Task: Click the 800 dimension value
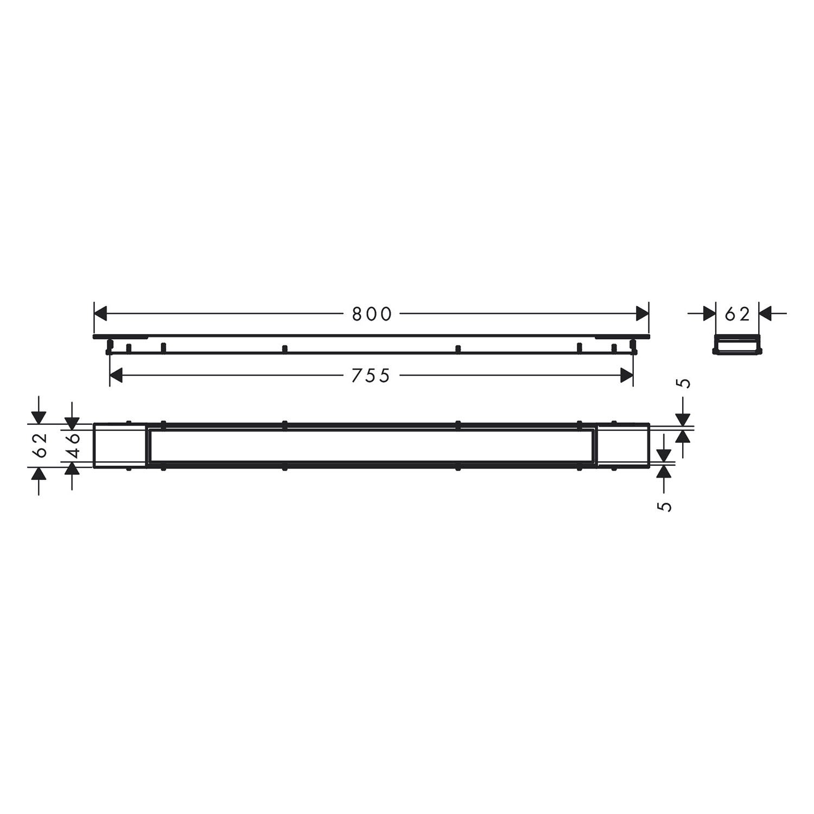372,314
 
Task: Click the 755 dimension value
371,376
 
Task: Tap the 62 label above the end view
737,314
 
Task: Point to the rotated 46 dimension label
73,445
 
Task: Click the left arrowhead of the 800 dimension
101,314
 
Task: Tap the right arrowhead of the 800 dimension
643,314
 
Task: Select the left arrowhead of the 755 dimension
117,376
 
